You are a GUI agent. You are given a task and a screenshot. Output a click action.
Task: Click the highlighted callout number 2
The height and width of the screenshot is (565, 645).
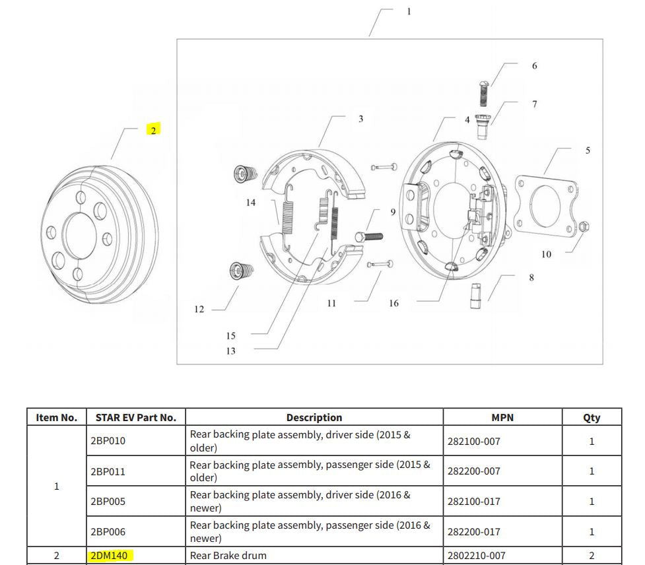point(153,130)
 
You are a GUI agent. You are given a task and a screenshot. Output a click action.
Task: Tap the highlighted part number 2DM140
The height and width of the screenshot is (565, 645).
point(109,555)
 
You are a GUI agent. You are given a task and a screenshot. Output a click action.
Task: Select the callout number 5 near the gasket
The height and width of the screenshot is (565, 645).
point(588,150)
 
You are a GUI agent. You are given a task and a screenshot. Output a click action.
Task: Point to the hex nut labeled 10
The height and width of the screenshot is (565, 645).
point(583,228)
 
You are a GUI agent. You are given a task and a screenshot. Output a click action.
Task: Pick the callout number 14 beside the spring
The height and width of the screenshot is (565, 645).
point(250,203)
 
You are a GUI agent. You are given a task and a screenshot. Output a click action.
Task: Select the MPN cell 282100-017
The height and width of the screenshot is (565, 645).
point(473,502)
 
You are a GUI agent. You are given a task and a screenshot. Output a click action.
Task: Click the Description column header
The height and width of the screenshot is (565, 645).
point(314,417)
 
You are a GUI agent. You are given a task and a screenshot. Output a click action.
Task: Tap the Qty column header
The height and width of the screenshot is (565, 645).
point(592,417)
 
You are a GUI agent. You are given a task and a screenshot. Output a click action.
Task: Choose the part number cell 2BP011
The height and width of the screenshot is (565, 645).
point(108,471)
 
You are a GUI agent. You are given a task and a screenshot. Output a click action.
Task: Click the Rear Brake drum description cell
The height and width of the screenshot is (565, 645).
point(228,555)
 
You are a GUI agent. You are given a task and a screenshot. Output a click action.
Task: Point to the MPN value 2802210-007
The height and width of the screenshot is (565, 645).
point(476,555)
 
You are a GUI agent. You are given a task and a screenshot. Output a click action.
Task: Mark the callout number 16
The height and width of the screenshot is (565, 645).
point(393,304)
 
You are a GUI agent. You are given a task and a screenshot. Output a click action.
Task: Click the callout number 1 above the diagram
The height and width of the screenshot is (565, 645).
point(409,11)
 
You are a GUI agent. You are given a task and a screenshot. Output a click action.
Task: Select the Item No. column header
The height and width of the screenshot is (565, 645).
point(56,417)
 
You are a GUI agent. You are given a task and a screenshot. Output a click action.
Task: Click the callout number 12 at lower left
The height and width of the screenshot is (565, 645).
point(199,309)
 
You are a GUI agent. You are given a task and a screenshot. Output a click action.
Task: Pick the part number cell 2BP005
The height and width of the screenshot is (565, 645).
point(108,502)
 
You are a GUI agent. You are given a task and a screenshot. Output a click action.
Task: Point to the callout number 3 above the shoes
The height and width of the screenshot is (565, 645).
point(360,119)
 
